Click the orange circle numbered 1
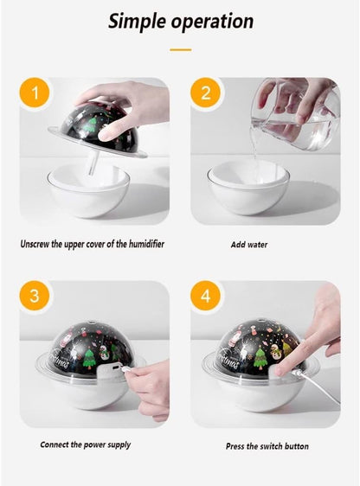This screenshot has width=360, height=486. (x=35, y=93)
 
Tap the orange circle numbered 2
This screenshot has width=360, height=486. (x=205, y=93)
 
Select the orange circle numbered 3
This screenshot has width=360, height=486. (x=35, y=296)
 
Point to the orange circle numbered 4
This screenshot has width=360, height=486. (x=205, y=296)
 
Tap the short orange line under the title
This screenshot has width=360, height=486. (x=181, y=49)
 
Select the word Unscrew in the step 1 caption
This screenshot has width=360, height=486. (x=35, y=244)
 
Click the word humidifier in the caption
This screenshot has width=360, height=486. (x=146, y=244)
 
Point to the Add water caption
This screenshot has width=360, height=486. (x=249, y=245)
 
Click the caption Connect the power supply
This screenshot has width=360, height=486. (x=86, y=444)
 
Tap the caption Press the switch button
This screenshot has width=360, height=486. (x=267, y=446)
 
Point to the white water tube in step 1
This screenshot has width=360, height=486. (x=93, y=163)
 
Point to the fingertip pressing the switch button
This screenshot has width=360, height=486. (x=280, y=370)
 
